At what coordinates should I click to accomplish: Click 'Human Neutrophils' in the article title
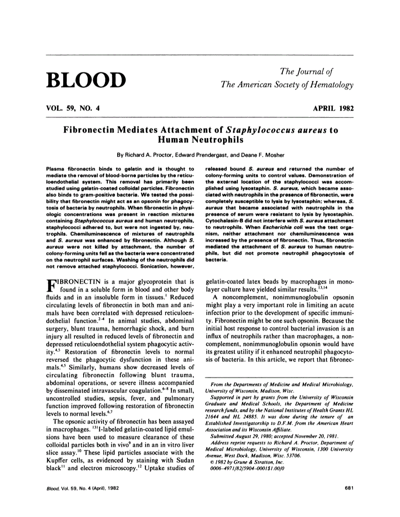tap(200, 140)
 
